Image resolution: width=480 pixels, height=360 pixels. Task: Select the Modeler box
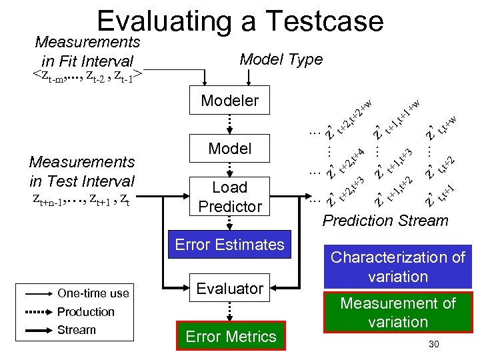pos(229,101)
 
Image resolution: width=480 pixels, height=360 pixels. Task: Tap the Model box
pos(229,148)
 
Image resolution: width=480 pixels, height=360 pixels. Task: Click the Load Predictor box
pos(229,197)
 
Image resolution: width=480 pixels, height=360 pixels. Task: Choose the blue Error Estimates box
pos(229,245)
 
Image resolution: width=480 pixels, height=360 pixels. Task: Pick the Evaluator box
pos(229,289)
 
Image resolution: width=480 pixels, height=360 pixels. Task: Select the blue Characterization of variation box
pos(398,267)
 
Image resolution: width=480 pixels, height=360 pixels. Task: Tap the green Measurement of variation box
pos(398,313)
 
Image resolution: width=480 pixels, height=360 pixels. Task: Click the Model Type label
pos(281,59)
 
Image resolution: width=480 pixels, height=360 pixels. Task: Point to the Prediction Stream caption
pos(385,221)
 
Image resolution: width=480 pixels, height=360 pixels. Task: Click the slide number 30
pos(433,344)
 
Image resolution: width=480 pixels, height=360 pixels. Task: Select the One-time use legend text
pos(93,293)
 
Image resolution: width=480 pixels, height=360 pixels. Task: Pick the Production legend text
pos(86,312)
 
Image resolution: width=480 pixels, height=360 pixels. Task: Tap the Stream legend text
pos(77,330)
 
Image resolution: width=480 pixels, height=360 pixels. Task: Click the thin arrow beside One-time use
pos(39,293)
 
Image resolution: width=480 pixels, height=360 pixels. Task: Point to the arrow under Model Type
pos(248,77)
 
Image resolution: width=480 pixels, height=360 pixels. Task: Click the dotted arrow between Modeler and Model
pos(229,124)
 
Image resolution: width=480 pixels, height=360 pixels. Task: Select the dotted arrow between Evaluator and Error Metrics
pos(229,310)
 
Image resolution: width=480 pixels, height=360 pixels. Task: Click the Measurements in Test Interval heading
pos(82,171)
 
